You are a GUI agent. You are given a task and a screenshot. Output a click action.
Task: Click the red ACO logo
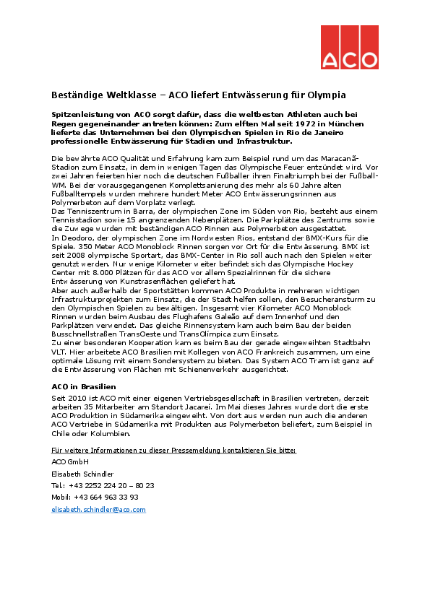tap(349, 48)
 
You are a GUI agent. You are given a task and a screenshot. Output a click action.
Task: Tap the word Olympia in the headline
tap(327, 95)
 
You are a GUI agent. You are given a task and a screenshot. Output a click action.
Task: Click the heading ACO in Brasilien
tap(82, 387)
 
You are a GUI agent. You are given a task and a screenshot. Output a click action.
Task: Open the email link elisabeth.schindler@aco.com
tap(98, 510)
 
